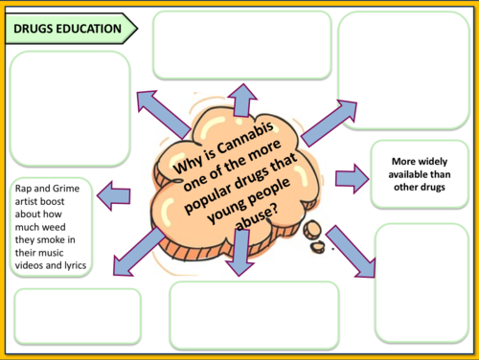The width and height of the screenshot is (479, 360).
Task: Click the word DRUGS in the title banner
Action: (36, 30)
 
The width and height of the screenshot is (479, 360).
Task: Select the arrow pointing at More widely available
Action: (352, 177)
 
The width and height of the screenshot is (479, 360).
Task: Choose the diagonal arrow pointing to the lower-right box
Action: (352, 252)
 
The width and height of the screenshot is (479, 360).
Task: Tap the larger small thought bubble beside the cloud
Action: (311, 230)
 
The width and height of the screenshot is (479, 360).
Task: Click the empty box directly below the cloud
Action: (254, 314)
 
